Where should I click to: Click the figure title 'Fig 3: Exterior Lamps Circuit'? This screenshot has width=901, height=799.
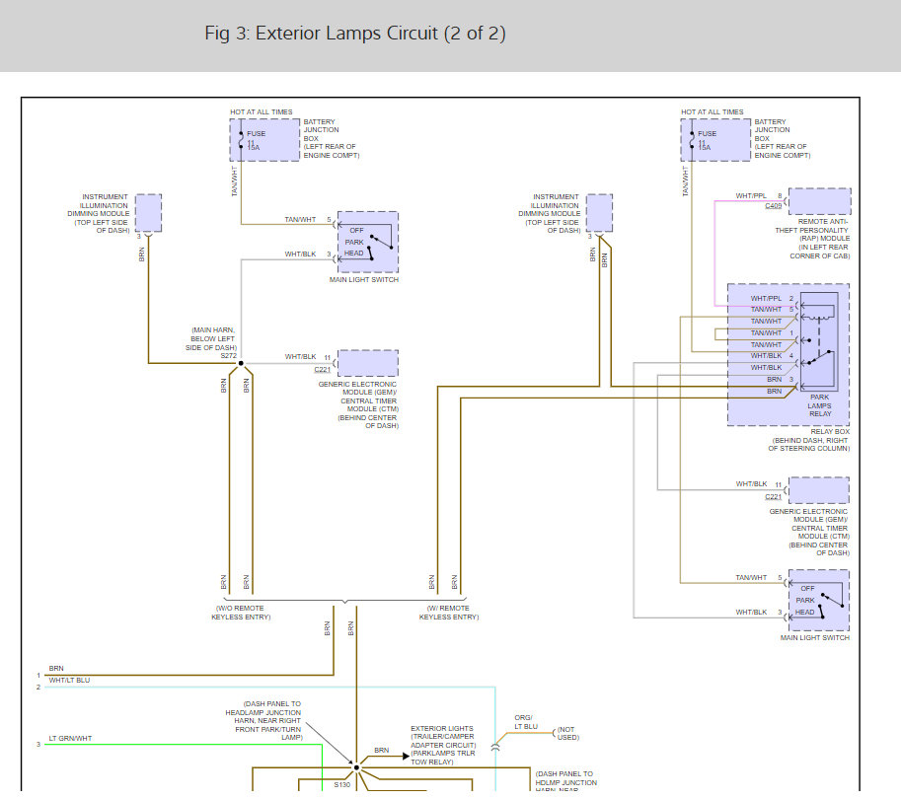[x=354, y=34]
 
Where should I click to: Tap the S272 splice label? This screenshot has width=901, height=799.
[x=229, y=355]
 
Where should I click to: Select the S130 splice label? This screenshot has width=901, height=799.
[x=341, y=785]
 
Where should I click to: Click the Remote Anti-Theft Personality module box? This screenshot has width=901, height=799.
[x=818, y=201]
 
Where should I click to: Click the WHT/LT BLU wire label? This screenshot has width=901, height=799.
[x=69, y=680]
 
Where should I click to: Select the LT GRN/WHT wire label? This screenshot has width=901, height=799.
[x=70, y=737]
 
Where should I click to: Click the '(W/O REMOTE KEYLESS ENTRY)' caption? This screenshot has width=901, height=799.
[x=243, y=613]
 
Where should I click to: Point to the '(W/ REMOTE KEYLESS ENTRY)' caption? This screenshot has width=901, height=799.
[x=449, y=613]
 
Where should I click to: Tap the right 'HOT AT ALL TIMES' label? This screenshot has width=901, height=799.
[x=713, y=112]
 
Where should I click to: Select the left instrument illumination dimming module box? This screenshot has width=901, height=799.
[x=148, y=213]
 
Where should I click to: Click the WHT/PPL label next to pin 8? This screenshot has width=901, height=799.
[x=751, y=196]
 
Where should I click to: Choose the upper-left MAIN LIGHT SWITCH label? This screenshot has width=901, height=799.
[x=365, y=280]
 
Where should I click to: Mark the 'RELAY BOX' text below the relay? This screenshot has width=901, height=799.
[x=829, y=431]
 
